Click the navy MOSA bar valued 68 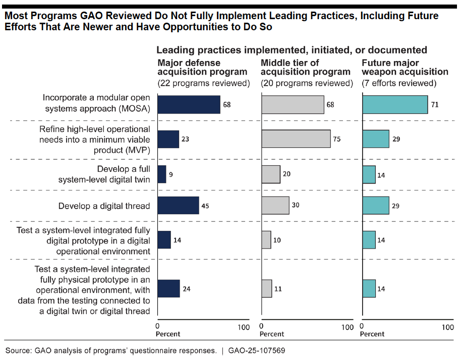click(x=189, y=104)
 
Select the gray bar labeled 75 click(x=296, y=139)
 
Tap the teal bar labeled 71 click(x=395, y=104)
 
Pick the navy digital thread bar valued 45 click(x=178, y=206)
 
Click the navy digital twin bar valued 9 click(x=162, y=174)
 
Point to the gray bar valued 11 click(x=267, y=289)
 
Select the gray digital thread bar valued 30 click(x=275, y=206)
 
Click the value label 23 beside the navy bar click(x=185, y=139)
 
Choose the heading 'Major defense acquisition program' click(x=202, y=68)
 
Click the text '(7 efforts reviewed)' click(x=399, y=83)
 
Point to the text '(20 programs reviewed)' click(x=306, y=83)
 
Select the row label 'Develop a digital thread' click(x=104, y=206)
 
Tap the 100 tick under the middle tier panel click(x=347, y=327)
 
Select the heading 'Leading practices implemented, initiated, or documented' click(x=292, y=50)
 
